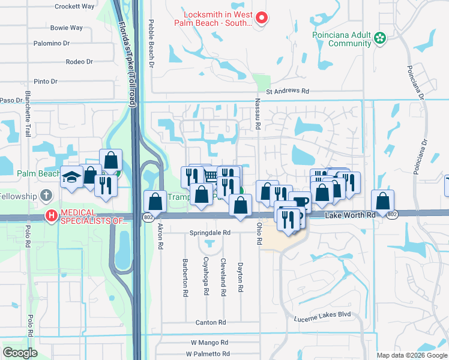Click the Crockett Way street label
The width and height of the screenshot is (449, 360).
point(74,6)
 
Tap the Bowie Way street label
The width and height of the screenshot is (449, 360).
point(67,28)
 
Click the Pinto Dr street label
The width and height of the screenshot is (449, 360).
point(46,81)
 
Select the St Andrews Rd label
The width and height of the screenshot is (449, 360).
point(287,92)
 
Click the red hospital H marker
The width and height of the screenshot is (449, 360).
point(52,215)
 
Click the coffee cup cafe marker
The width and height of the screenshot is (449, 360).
point(300,202)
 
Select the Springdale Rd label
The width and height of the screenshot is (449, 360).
point(210,232)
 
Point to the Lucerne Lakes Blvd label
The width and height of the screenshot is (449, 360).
point(322,314)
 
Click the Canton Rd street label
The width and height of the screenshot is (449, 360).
point(210,323)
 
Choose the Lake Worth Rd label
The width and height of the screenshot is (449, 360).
point(349,214)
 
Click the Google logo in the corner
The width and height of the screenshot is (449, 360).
point(20,353)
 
